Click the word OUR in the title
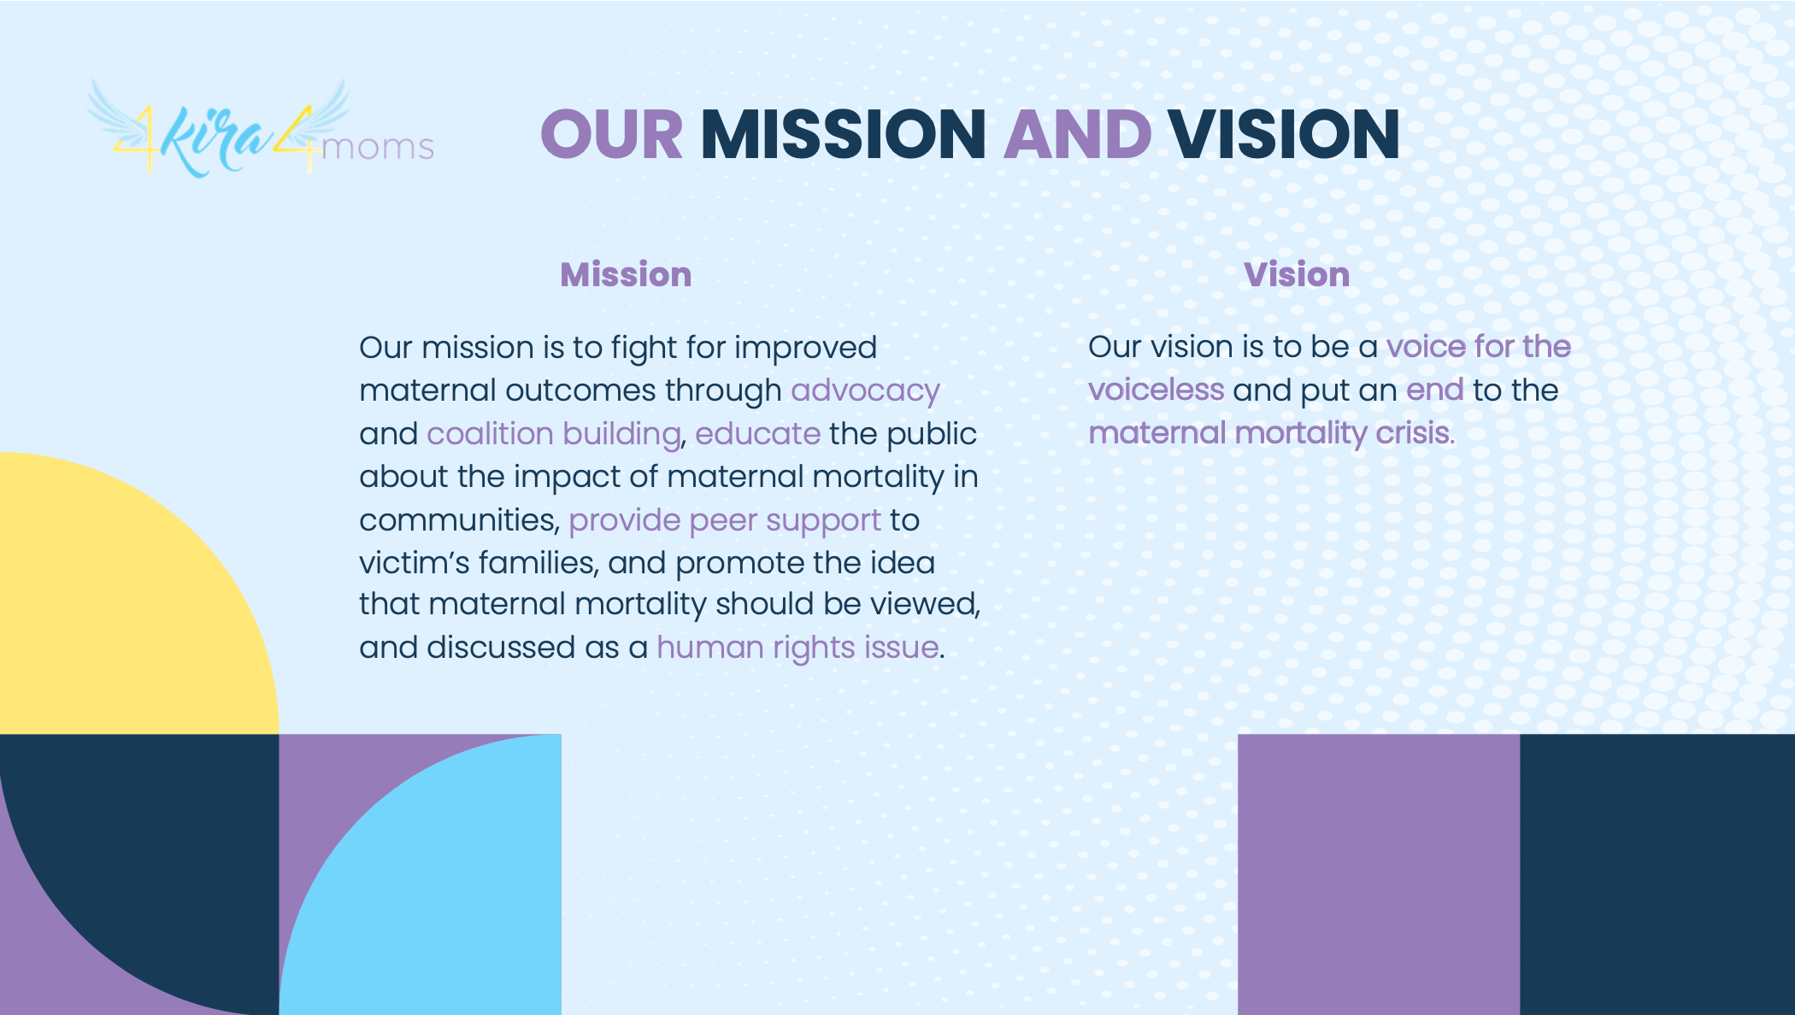tap(611, 135)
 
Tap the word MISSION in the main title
tap(843, 135)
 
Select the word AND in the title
tap(1077, 135)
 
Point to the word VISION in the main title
tap(1284, 135)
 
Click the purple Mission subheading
tap(626, 274)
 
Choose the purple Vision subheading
tap(1297, 274)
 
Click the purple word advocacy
tap(865, 391)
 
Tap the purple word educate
tap(757, 433)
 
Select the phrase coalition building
tap(554, 434)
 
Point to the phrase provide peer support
tap(725, 520)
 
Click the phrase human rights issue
tap(797, 648)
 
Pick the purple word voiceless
tap(1156, 390)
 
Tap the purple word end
tap(1435, 390)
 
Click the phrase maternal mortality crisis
tap(1271, 433)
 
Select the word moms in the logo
tap(378, 148)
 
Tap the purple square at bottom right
tap(1379, 874)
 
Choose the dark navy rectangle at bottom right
tap(1657, 874)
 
